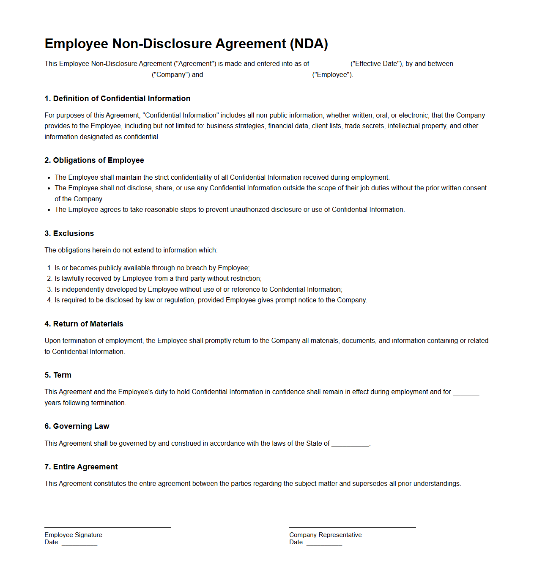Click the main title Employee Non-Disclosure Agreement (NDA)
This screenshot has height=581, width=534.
click(186, 44)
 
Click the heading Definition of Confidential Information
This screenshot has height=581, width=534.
click(118, 99)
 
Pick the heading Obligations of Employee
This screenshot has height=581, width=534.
click(94, 160)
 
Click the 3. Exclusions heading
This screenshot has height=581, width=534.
click(69, 233)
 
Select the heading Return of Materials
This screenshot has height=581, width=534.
click(84, 324)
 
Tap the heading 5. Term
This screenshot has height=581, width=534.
click(58, 375)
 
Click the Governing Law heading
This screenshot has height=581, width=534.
click(77, 426)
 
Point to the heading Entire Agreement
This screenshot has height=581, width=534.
click(81, 467)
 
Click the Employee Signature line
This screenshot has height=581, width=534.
click(108, 526)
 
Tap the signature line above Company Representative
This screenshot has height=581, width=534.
click(353, 526)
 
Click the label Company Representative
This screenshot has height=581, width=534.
click(326, 535)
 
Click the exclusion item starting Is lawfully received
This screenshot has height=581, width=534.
click(158, 279)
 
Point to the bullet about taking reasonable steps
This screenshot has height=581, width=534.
click(230, 210)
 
